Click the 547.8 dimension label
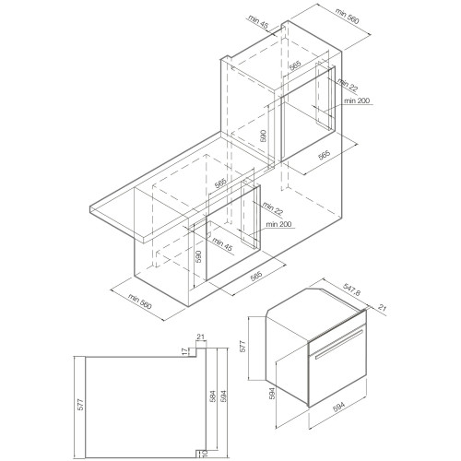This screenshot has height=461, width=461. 351,290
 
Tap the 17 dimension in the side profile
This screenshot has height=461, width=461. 184,351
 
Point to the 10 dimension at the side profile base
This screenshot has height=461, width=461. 205,453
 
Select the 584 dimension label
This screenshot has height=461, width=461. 214,396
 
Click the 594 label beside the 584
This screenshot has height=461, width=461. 223,396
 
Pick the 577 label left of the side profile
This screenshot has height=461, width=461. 80,405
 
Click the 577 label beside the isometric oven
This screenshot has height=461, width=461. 242,347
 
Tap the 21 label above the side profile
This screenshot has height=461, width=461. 200,337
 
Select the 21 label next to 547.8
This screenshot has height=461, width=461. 382,307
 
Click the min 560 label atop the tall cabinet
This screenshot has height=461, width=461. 347,16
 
